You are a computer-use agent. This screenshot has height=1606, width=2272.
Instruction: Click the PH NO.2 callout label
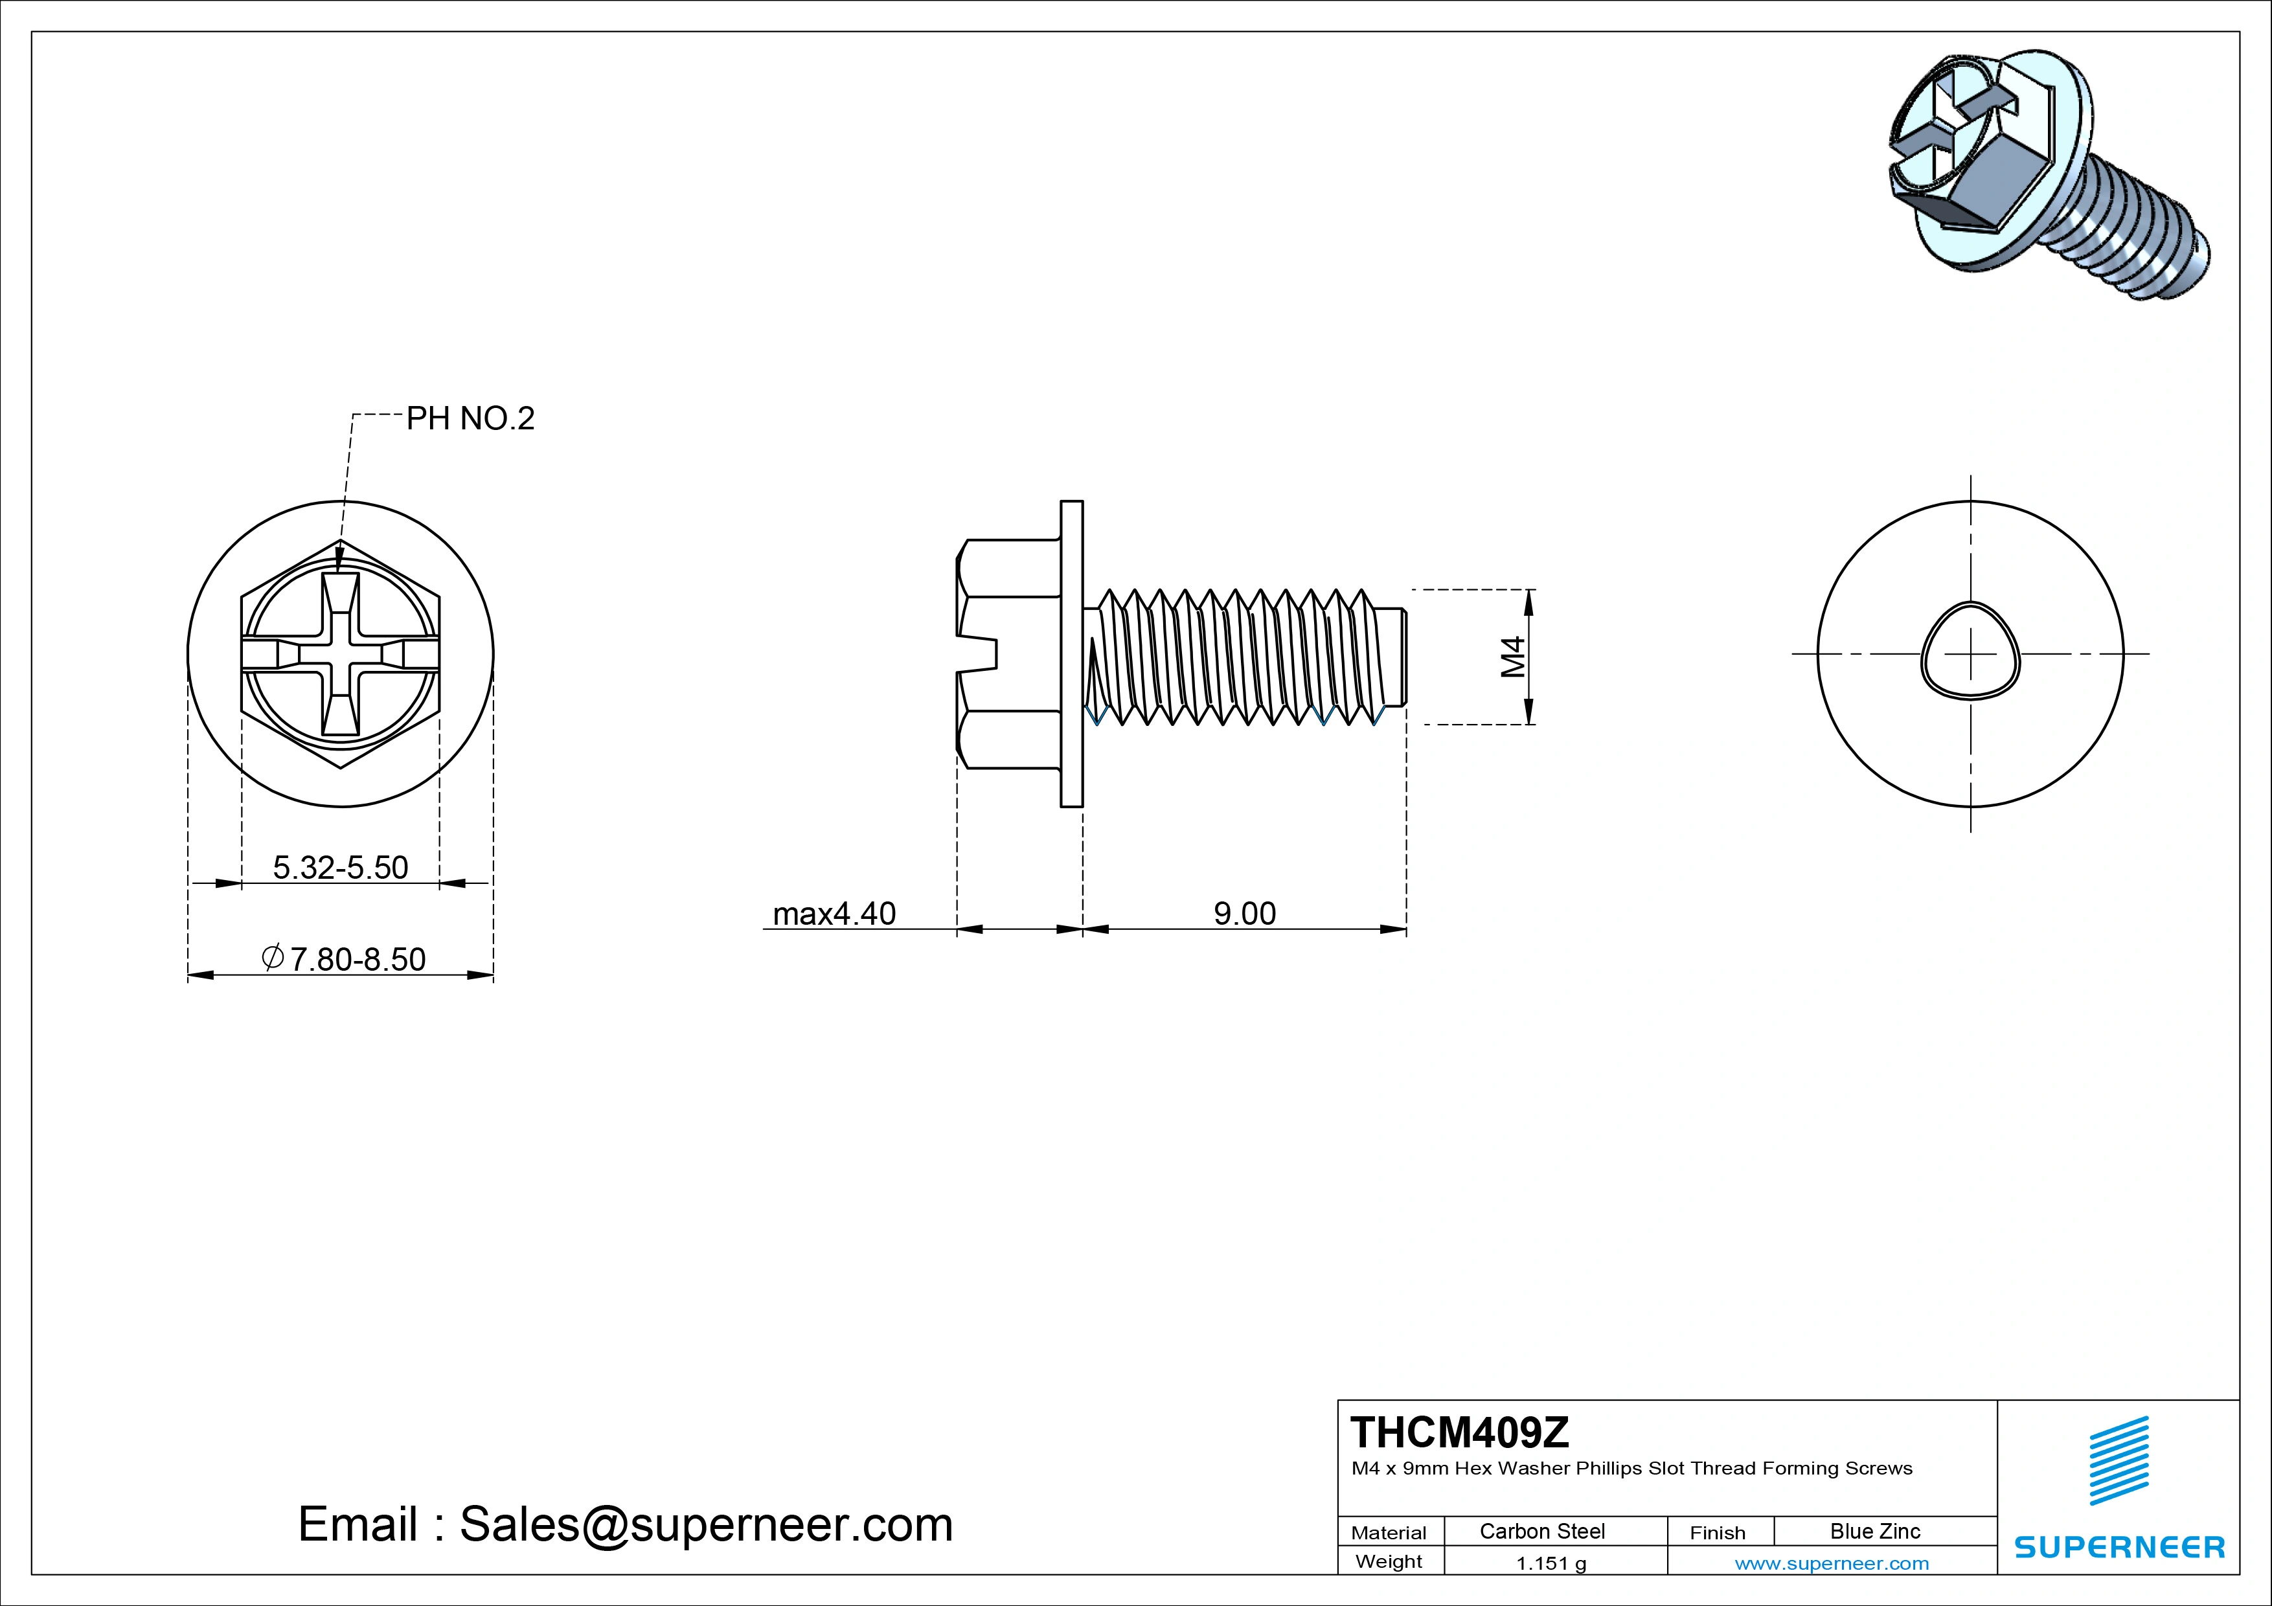(x=470, y=418)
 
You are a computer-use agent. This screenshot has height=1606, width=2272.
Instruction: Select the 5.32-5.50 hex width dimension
(x=341, y=868)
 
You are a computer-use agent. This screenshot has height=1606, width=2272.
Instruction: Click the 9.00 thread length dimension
(x=1244, y=913)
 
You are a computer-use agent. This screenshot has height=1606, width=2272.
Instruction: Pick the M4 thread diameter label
(x=1513, y=657)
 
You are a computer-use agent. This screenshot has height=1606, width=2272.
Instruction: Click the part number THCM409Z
(x=1460, y=1432)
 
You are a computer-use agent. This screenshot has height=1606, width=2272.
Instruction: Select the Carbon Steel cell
(x=1541, y=1531)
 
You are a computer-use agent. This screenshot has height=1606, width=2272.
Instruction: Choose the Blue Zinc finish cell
(x=1874, y=1531)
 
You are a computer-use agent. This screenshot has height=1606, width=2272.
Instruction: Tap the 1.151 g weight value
(x=1551, y=1563)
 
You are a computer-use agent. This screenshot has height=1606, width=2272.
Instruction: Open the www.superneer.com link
(x=1832, y=1563)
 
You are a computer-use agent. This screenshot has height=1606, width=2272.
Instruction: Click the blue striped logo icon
(x=2119, y=1460)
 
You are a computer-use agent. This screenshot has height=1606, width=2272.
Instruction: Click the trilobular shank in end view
(x=1970, y=654)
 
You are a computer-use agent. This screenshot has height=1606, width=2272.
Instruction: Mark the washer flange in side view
(x=1072, y=654)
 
